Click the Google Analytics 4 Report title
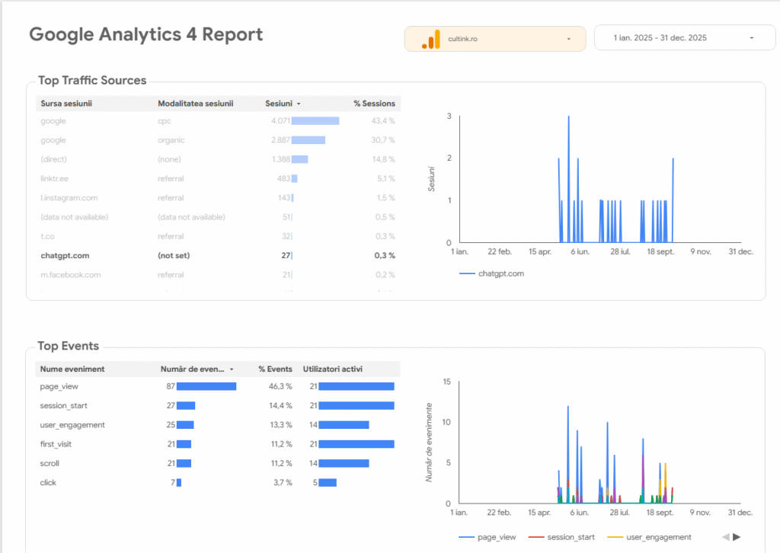145,35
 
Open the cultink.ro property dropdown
494,39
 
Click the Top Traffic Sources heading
92,81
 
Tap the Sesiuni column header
278,104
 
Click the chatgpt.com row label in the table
65,256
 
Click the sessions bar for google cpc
315,121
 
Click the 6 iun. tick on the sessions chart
580,251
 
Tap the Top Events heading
69,347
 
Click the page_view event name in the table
59,387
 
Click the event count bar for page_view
206,387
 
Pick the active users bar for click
328,483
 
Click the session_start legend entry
571,537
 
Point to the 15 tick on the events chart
447,382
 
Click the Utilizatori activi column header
333,369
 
